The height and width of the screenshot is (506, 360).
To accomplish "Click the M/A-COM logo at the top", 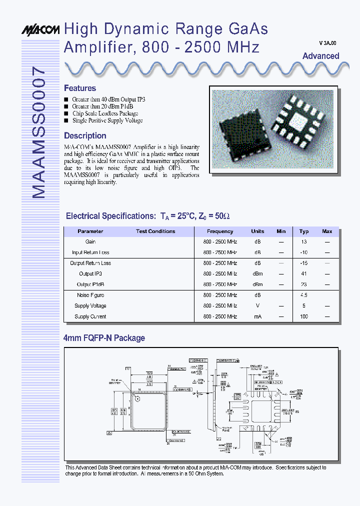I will (x=40, y=30).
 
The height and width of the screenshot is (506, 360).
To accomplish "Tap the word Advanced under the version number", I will (x=320, y=56).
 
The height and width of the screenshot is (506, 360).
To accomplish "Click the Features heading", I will (x=80, y=88).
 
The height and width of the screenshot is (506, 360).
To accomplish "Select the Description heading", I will (x=85, y=135).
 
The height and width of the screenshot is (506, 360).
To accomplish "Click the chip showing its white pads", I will (x=298, y=120).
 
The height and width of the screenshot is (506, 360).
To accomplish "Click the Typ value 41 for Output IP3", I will (x=303, y=274).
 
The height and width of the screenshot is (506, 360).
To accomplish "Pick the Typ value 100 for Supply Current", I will (x=303, y=316).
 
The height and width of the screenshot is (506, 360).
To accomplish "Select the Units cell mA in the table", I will (x=257, y=316).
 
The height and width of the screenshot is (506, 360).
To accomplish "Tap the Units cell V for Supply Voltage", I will (x=257, y=306).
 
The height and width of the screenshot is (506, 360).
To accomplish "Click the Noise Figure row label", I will (x=90, y=295).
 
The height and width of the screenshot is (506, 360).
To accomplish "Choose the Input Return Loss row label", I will (x=90, y=252).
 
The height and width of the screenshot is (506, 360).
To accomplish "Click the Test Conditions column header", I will (x=155, y=231).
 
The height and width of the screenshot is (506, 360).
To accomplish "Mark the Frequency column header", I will (x=220, y=231).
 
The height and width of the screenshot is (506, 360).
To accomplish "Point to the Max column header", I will (x=327, y=231).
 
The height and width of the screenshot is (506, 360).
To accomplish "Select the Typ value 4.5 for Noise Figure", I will (x=303, y=295).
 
